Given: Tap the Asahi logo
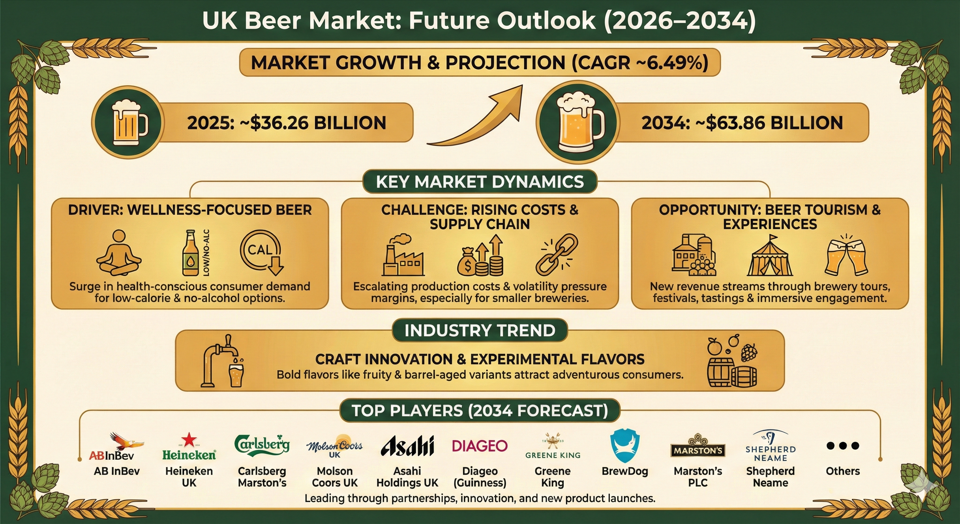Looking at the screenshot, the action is [x=407, y=445].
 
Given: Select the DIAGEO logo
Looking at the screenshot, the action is [x=480, y=446].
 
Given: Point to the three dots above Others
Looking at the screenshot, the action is [x=843, y=445].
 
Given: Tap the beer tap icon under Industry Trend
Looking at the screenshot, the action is [x=223, y=361].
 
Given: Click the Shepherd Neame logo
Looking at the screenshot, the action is [x=770, y=446].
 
